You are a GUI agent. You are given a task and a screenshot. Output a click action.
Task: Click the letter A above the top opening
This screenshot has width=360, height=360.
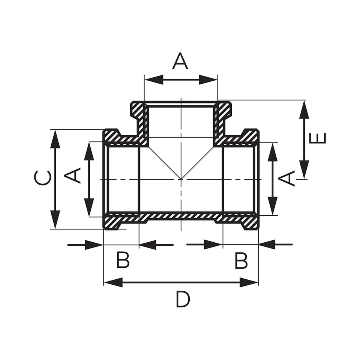click(180, 61)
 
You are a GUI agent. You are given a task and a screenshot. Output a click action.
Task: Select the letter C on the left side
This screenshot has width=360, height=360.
click(42, 178)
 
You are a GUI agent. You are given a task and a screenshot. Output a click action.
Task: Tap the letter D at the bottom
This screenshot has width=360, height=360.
click(183, 299)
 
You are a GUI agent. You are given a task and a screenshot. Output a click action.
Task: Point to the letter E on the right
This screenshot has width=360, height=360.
click(318, 138)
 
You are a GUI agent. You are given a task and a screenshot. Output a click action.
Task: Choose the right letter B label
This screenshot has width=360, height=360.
click(241, 261)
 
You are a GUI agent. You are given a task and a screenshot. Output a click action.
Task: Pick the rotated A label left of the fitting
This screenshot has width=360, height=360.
click(72, 175)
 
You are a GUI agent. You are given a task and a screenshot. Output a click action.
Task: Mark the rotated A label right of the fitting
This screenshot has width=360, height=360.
click(286, 178)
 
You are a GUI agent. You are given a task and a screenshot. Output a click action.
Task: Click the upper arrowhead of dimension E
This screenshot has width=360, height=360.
click(304, 109)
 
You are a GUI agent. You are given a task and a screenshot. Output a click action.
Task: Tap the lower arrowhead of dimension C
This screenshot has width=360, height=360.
click(55, 219)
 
